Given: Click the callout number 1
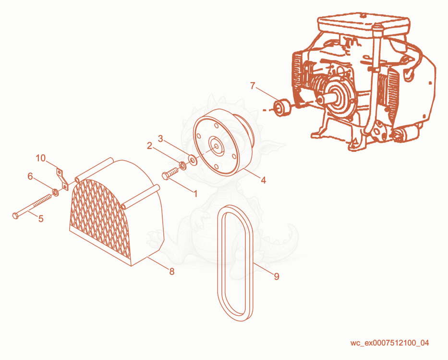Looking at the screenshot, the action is pos(196,194).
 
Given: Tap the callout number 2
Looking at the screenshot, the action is pos(149,146).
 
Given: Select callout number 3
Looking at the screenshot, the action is pos(160,139).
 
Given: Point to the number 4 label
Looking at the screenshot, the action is pos(264,180).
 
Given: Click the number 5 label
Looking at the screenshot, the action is pos(41,219).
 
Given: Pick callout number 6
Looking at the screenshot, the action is pos(30,176).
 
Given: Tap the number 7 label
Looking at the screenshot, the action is pos(252,86).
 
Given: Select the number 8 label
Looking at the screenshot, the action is pos(172,272).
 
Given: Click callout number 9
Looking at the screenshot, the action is pos(276,276).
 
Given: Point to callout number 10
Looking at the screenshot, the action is pos(40,158).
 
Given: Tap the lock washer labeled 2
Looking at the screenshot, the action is pos(182,165).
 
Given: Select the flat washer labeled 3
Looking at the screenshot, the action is pos(193,160).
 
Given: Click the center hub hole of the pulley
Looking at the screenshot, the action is pos(217,147).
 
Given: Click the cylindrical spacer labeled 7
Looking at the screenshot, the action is pos(281,108).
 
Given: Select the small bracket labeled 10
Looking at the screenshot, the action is pos(62,179).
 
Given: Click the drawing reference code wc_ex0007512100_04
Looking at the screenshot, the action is pos(390,343).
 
